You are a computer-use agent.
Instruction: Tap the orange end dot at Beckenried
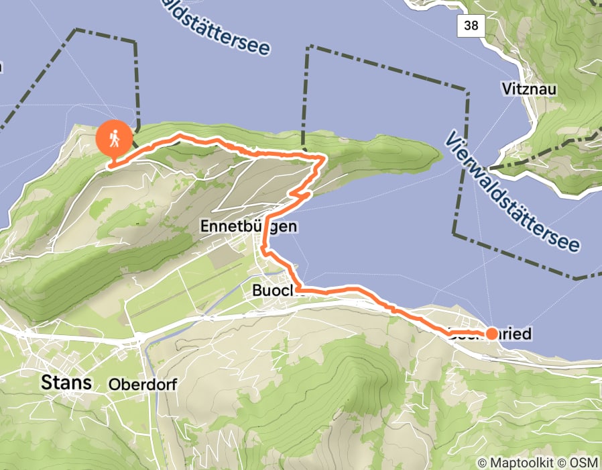pos(491,333)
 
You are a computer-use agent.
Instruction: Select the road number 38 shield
pos(471,26)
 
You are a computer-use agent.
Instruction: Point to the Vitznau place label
pos(529,88)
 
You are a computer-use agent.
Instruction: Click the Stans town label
pos(66,383)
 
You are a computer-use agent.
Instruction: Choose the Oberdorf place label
pos(137,385)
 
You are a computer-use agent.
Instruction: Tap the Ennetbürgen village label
pos(248,228)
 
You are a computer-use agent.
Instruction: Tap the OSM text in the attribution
pos(585,462)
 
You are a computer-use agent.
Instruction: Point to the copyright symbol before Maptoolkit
pos(483,462)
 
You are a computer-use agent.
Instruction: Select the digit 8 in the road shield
pos(475,26)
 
